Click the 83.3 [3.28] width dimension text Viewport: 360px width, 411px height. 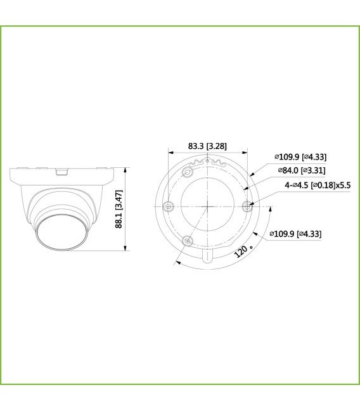(x=207, y=146)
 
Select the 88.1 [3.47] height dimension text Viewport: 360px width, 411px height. (x=119, y=208)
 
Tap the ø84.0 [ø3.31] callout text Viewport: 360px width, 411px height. (x=301, y=170)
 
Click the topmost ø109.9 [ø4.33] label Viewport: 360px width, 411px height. (x=300, y=157)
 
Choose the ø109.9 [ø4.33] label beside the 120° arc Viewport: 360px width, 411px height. (x=295, y=234)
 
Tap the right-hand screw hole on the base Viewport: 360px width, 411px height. (x=248, y=205)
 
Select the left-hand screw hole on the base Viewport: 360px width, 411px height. (x=168, y=205)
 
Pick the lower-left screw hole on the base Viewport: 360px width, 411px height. (x=188, y=240)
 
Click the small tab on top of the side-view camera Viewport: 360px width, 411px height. (x=61, y=170)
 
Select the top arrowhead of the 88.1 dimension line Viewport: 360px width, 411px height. (x=126, y=169)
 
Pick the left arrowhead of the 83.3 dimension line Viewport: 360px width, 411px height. (x=170, y=152)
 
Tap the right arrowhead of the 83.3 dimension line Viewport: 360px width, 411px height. (x=245, y=152)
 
